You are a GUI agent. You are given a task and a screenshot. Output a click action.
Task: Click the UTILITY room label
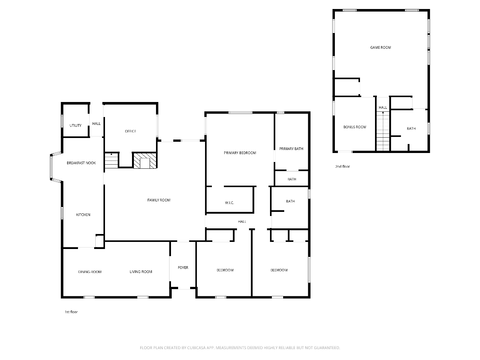pyautogui.click(x=75, y=126)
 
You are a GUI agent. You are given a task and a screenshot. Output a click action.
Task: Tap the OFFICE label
pyautogui.click(x=130, y=131)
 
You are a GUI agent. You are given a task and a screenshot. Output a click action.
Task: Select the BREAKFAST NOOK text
pyautogui.click(x=81, y=163)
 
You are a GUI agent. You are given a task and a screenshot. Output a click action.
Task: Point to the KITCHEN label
pyautogui.click(x=83, y=214)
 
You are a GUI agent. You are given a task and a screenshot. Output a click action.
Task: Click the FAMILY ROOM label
pyautogui.click(x=159, y=200)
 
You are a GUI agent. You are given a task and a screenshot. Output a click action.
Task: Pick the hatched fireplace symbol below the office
pyautogui.click(x=145, y=160)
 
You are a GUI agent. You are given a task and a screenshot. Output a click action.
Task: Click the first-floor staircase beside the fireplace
pyautogui.click(x=111, y=160)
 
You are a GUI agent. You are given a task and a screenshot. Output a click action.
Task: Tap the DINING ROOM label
pyautogui.click(x=90, y=272)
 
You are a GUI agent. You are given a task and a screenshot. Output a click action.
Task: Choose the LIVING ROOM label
pyautogui.click(x=141, y=272)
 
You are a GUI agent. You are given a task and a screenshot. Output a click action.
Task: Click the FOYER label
pyautogui.click(x=183, y=267)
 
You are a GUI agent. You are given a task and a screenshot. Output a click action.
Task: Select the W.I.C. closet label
pyautogui.click(x=229, y=203)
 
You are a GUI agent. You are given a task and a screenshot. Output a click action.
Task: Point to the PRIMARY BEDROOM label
pyautogui.click(x=240, y=153)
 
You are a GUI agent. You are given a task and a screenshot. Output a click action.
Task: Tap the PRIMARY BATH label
pyautogui.click(x=291, y=149)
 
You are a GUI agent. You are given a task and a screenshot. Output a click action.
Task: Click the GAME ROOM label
pyautogui.click(x=381, y=47)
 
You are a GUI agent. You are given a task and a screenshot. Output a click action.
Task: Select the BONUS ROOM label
pyautogui.click(x=355, y=127)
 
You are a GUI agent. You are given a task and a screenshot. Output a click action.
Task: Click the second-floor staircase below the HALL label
pyautogui.click(x=383, y=131)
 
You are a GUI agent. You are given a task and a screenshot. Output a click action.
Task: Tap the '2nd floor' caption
pyautogui.click(x=342, y=166)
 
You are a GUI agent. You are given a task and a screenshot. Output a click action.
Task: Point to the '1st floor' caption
pyautogui.click(x=71, y=312)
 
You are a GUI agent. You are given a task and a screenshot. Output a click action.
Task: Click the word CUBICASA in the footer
pyautogui.click(x=196, y=348)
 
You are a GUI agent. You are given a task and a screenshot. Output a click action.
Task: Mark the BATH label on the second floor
pyautogui.click(x=411, y=129)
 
